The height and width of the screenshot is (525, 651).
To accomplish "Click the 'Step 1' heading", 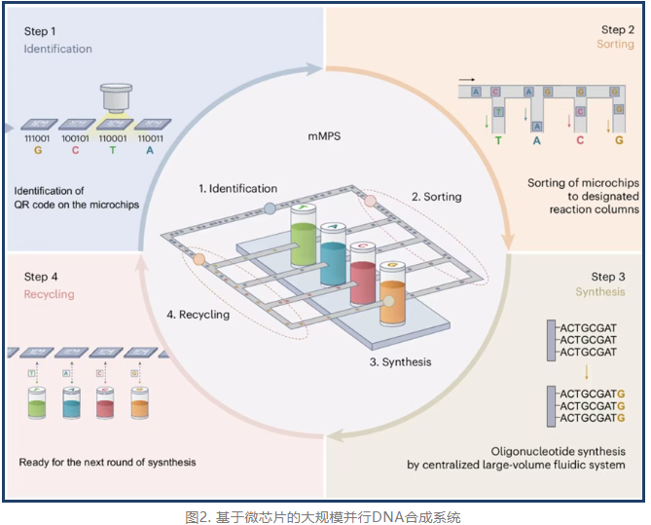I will [x=40, y=30].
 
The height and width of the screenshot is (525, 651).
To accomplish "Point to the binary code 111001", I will [x=35, y=140].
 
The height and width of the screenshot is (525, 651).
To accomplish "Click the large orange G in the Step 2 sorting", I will [x=619, y=140].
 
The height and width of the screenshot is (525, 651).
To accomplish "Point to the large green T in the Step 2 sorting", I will [x=498, y=140].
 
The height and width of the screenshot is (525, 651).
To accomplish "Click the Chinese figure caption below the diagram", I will [x=324, y=515].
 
